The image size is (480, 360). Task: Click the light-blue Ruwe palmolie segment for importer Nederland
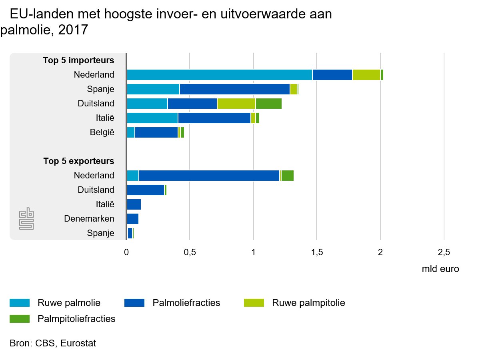pos(219,75)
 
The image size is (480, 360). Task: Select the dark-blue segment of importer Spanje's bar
pos(234,89)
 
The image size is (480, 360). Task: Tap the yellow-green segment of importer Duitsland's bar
pos(236,104)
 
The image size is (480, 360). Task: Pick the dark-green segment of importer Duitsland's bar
pos(269,104)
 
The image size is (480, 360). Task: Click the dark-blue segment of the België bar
pos(156,132)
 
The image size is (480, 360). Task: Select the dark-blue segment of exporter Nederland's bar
pos(209,176)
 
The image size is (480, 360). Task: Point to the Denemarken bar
pos(132,219)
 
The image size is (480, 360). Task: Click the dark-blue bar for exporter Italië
pos(134,204)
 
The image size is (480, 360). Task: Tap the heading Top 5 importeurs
pos(78,61)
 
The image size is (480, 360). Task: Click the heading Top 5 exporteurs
pos(78,162)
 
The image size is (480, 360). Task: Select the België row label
pos(102,132)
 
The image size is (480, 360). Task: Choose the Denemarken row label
pos(89,219)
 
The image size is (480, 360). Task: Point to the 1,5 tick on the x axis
pos(317,252)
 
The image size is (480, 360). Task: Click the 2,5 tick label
pos(444,252)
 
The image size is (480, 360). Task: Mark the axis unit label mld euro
pos(440,269)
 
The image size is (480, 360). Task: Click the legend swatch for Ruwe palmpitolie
pos(254,303)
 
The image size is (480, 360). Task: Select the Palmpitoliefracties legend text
pos(76,319)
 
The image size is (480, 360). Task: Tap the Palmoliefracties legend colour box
pos(134,303)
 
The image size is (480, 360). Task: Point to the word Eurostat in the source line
pos(78,343)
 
